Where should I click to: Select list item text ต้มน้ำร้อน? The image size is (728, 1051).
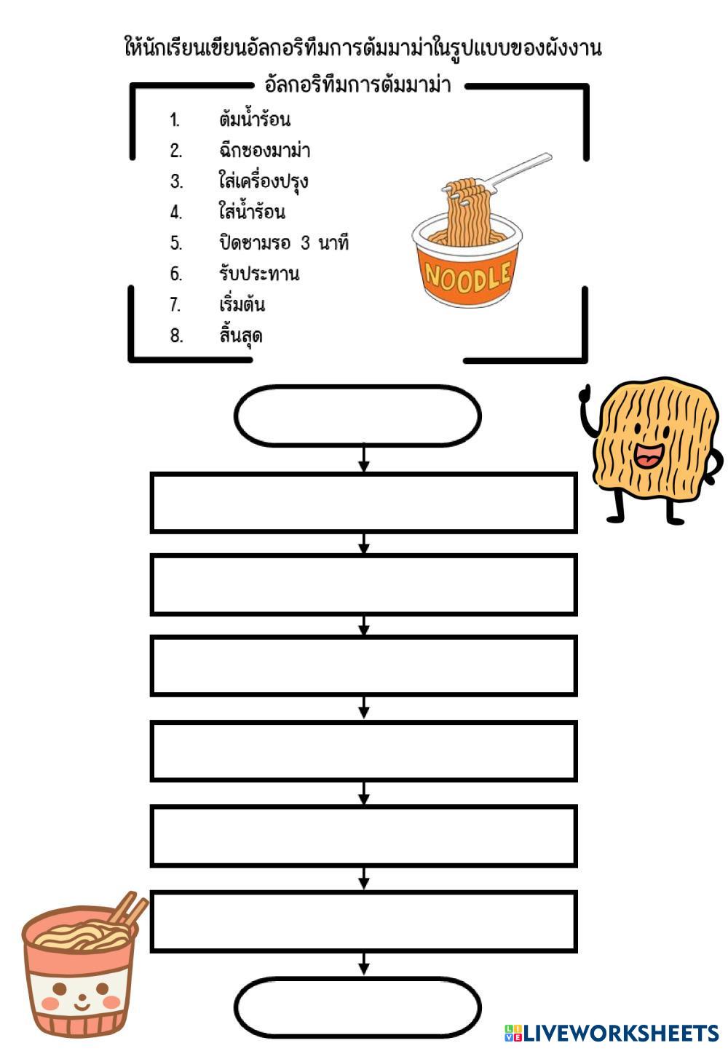coord(254,119)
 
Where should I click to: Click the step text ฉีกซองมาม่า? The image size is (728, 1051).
coord(264,151)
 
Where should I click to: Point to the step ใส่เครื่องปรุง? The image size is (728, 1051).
coord(263,181)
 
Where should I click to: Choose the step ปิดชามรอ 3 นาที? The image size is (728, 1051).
coord(284,242)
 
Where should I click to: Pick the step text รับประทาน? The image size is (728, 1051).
coord(258,274)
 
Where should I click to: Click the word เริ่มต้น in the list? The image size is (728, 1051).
coord(242,304)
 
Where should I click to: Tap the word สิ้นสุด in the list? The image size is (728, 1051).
coord(240,336)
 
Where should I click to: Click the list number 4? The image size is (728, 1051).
coord(175,213)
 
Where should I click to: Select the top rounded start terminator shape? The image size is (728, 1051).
coord(357,416)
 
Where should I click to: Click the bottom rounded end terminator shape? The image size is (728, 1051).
coord(357,1007)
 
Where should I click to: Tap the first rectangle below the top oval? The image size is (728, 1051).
coord(363,503)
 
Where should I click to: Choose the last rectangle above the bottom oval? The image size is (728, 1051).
coord(363,921)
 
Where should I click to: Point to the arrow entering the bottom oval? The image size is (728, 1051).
coord(364,965)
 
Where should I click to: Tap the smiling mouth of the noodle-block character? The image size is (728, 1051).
coord(647,456)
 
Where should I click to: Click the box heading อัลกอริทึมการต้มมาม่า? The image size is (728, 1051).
coord(357,85)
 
